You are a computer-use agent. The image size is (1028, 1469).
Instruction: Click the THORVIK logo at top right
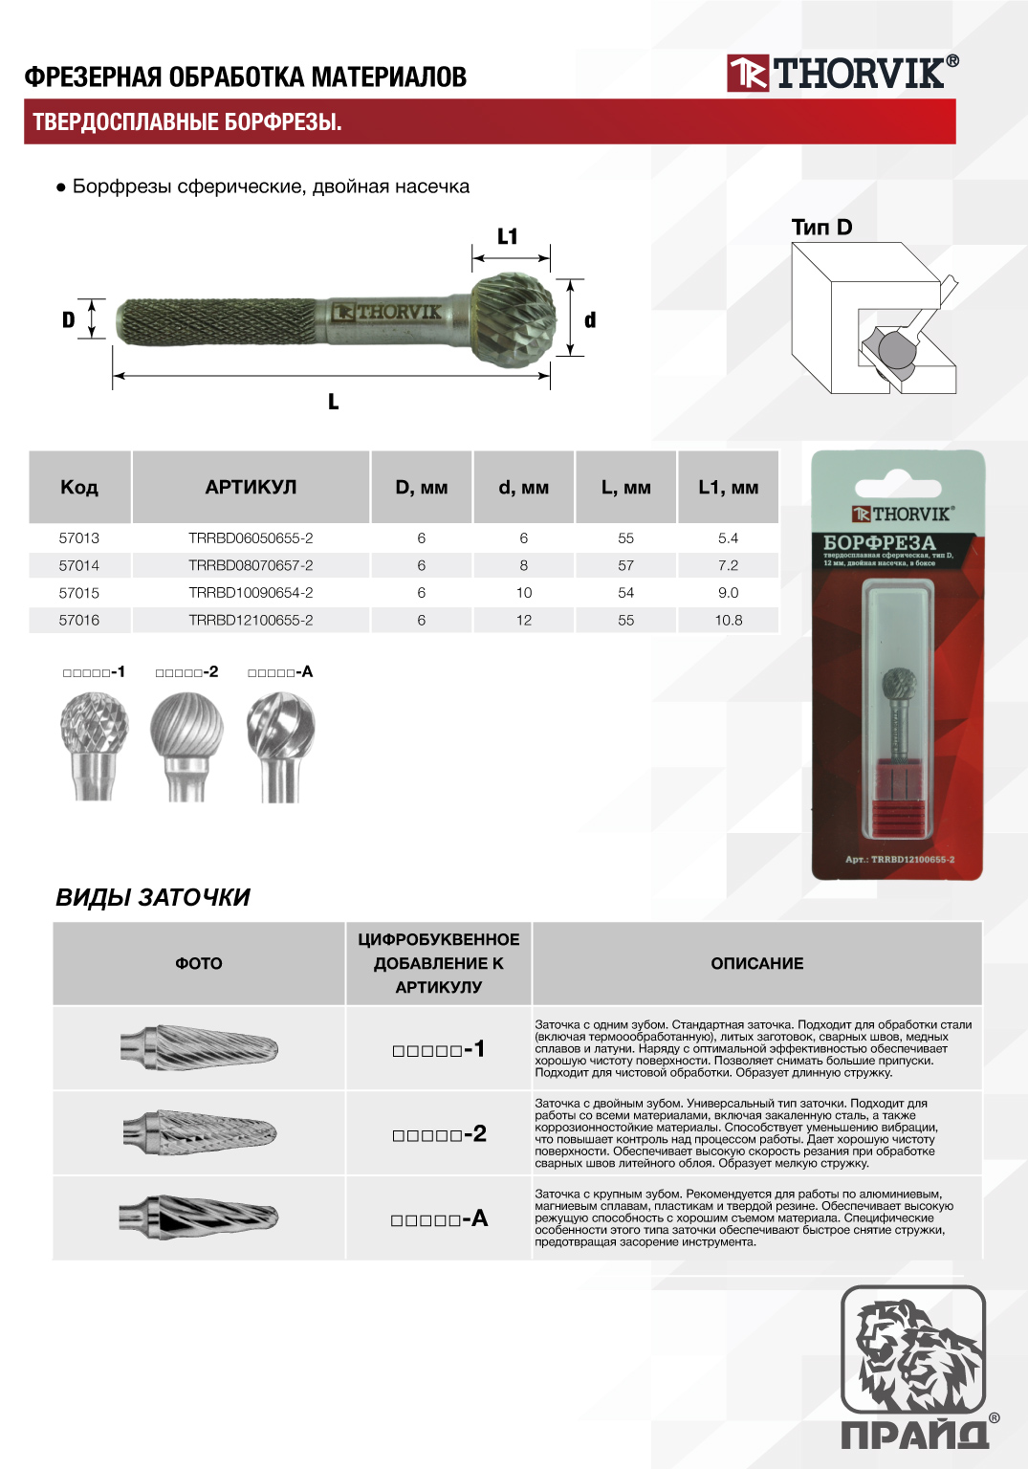[x=842, y=73]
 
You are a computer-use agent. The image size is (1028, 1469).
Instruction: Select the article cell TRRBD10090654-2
[x=251, y=593]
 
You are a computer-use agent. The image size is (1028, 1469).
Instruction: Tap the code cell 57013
[x=79, y=538]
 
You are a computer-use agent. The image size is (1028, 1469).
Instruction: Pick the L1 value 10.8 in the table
[x=728, y=621]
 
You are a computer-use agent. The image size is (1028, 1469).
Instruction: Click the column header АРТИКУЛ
[x=251, y=487]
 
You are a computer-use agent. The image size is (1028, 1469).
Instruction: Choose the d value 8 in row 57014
[x=523, y=565]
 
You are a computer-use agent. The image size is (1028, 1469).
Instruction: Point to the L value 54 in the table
[x=625, y=593]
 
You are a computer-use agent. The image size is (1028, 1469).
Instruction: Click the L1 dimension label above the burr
[x=507, y=236]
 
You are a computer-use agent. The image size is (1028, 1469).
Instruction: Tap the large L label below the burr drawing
[x=333, y=402]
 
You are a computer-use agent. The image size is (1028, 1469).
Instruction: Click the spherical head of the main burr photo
[x=514, y=319]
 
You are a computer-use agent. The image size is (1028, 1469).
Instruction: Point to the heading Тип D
[x=821, y=227]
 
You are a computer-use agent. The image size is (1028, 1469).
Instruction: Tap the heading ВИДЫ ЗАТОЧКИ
[x=153, y=897]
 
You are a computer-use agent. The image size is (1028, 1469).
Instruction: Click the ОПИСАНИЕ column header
[x=756, y=963]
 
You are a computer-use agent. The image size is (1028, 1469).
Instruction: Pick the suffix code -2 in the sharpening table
[x=439, y=1134]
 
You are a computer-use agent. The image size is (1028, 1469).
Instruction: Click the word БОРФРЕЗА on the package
[x=879, y=542]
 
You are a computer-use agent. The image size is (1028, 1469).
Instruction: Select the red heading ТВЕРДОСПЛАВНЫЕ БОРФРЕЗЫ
[x=187, y=122]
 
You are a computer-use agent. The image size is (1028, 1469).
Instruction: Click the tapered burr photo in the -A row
[x=199, y=1217]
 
